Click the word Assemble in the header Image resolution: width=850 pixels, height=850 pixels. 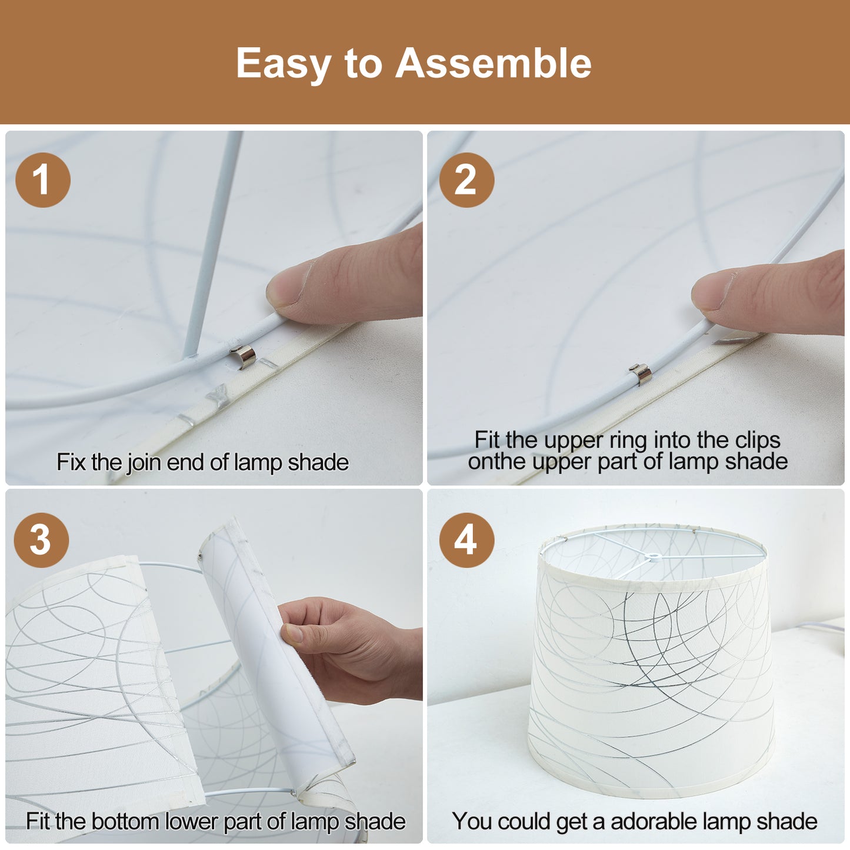coord(493,63)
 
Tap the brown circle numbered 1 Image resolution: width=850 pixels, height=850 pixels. coord(43,180)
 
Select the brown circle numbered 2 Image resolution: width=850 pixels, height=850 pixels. coord(466,180)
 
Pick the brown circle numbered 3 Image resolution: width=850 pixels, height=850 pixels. coord(41,540)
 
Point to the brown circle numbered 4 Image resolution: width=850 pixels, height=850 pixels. coord(466,540)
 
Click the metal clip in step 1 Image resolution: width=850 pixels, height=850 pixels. coord(244,355)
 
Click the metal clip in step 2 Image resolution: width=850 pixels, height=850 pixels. coord(641,374)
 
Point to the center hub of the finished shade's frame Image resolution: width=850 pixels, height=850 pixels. coord(654,557)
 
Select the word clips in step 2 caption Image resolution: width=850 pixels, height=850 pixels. coord(758,440)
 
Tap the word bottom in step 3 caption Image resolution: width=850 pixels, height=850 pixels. coord(124,821)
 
